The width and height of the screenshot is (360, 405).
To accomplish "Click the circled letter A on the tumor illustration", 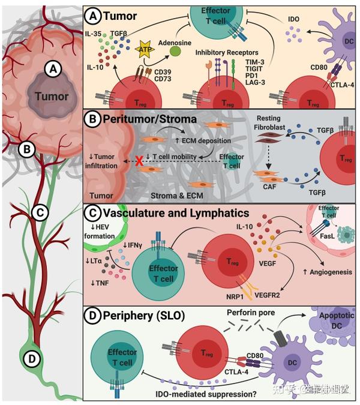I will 53,70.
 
